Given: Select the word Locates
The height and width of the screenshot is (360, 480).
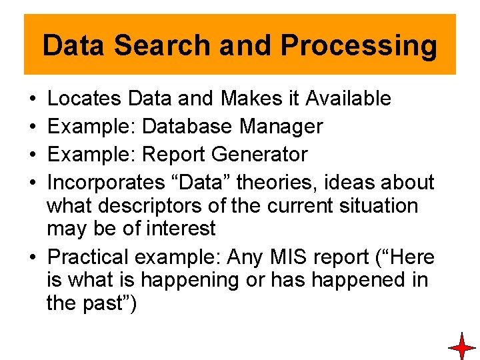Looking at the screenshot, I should click(85, 99).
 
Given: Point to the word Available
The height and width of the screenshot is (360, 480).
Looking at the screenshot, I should click(349, 99).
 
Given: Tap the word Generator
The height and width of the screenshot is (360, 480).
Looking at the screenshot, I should click(259, 155).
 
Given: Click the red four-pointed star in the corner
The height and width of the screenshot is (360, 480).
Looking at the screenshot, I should click(461, 347).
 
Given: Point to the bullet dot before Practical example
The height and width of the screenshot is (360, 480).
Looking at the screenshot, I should click(33, 257).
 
